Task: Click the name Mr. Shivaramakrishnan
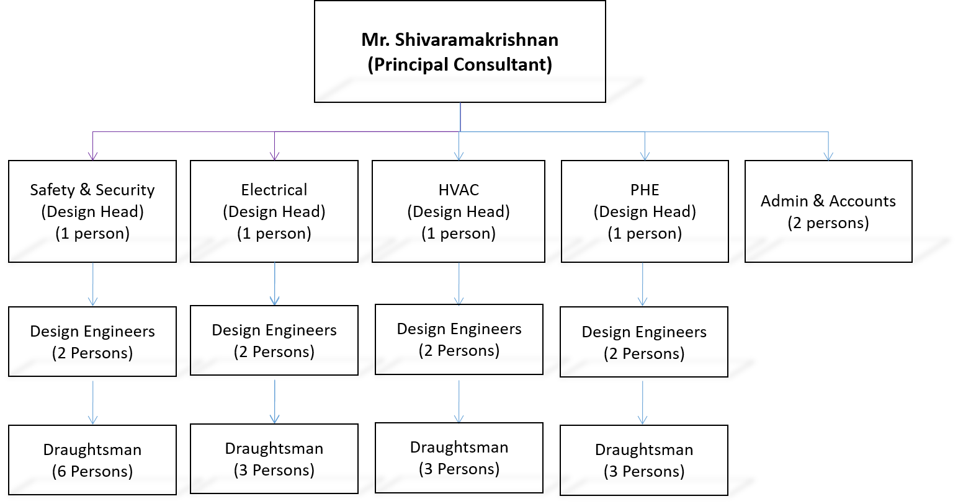point(460,40)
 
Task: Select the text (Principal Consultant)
point(460,64)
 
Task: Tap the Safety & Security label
point(92,190)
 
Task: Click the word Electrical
point(274,190)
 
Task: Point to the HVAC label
point(459,190)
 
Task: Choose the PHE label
point(645,190)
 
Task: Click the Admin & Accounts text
point(828,201)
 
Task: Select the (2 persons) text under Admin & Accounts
point(828,223)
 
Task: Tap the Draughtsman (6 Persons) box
point(92,460)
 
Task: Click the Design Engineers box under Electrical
point(274,340)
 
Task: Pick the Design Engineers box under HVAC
point(459,340)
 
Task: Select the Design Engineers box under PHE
point(644,342)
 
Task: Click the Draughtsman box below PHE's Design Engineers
point(644,460)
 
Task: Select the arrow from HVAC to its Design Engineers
point(459,284)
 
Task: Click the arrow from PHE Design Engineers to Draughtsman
point(642,403)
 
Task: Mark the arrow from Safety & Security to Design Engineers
point(93,285)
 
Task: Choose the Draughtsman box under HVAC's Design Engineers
point(459,458)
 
